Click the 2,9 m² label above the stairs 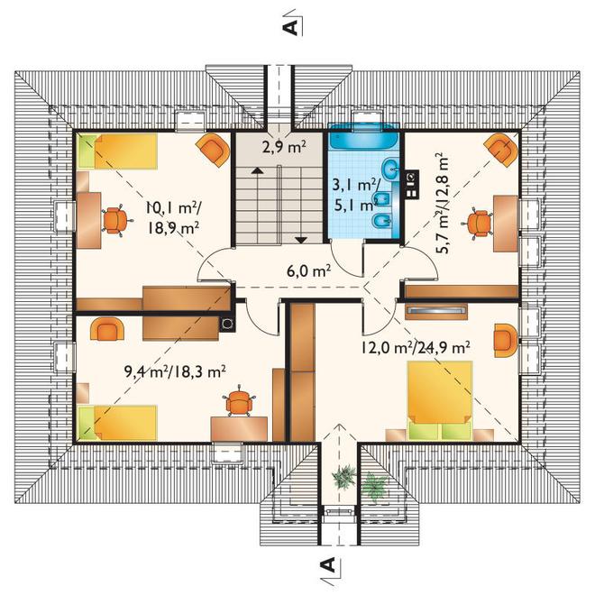coord(284,146)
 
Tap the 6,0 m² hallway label coord(309,271)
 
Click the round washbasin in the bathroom coord(390,168)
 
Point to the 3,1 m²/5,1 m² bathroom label coord(355,195)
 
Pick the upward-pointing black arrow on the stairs coord(257,170)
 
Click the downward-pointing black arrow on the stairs coord(301,240)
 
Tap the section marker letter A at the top coord(290,28)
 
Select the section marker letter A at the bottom coord(329,564)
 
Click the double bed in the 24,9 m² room coord(440,400)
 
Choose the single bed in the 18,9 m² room coord(117,151)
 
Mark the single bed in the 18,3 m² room coord(117,424)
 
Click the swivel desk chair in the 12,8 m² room coord(478,224)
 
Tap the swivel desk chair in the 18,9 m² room coord(115,221)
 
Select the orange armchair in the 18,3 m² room coord(107,329)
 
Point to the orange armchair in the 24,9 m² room coord(505,340)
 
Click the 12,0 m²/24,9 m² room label coord(416,347)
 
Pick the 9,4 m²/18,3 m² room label coord(175,371)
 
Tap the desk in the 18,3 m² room coord(239,429)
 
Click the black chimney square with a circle coord(228,324)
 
